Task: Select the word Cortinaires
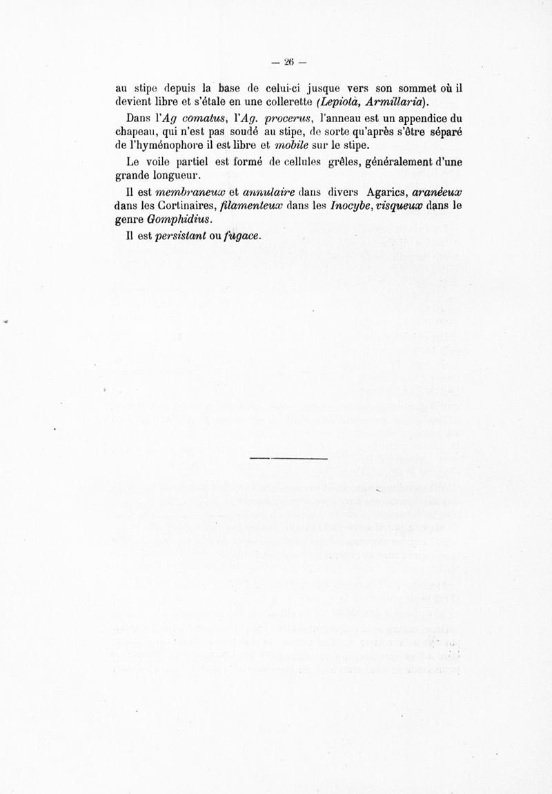coord(170,206)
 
